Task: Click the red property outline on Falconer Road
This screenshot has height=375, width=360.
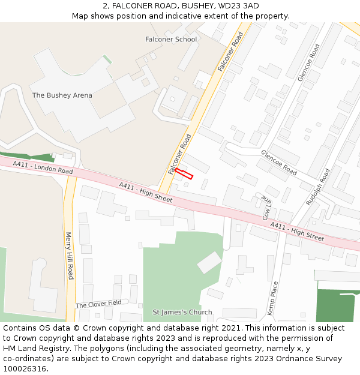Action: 184,174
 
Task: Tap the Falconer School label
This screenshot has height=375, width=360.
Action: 171,40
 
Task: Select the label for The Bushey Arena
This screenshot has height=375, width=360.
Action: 62,95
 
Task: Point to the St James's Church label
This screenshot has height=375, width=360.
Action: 182,312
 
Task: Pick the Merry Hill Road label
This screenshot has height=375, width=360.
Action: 70,256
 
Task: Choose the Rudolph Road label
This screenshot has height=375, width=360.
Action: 318,187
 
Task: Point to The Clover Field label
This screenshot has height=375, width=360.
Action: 98,304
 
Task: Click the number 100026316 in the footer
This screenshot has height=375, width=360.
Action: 26,369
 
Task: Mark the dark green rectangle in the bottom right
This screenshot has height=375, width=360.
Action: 338,305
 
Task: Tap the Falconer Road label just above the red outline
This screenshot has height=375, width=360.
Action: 180,154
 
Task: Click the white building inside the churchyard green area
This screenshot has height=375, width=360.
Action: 209,262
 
